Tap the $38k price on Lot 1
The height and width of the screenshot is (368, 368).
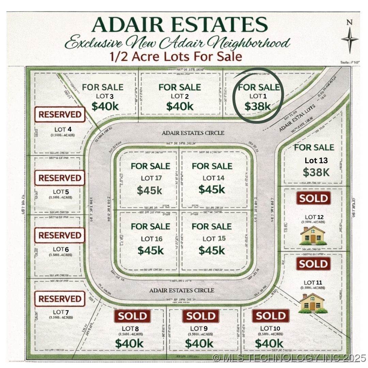click(258, 106)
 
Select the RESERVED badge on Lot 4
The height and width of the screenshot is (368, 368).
click(60, 114)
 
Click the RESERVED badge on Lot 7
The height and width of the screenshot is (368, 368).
click(60, 299)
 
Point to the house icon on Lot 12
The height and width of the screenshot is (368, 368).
click(312, 235)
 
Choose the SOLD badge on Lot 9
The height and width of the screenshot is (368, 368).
click(201, 316)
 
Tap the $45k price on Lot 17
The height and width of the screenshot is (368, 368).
click(150, 190)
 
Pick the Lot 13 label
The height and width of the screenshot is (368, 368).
click(316, 160)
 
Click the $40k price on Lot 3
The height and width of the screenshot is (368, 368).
click(105, 106)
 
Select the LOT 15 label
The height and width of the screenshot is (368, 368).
click(214, 239)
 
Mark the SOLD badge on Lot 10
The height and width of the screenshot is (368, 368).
click(271, 316)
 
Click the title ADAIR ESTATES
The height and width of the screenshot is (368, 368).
click(180, 25)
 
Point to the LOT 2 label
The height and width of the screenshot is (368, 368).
click(180, 96)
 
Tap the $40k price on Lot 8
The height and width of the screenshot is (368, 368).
click(129, 343)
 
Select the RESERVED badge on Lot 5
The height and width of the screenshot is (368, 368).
click(60, 178)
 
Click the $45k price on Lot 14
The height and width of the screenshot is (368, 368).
click(212, 189)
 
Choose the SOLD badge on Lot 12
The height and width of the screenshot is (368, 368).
click(313, 198)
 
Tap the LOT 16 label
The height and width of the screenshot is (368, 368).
click(152, 239)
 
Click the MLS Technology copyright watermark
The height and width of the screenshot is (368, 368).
click(289, 358)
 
